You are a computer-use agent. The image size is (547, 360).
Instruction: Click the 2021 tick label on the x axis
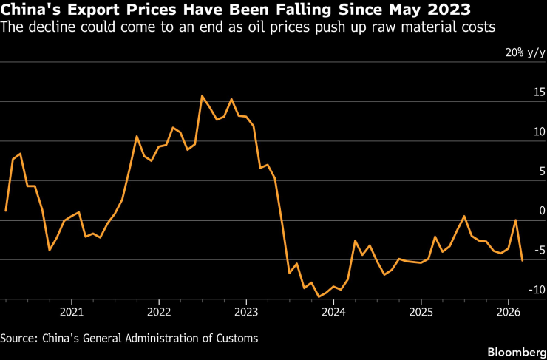[x=71, y=311]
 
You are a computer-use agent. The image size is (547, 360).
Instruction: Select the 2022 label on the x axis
[x=159, y=311]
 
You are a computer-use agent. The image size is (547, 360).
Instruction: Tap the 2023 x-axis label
[x=246, y=311]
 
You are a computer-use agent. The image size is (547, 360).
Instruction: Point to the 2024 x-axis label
[x=333, y=311]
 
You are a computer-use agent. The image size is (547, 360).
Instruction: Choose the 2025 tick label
[x=421, y=311]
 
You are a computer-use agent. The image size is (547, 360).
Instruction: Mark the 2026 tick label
[x=509, y=311]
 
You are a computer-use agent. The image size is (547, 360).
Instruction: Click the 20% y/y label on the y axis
[x=525, y=53]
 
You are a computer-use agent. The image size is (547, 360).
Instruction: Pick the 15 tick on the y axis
[x=537, y=92]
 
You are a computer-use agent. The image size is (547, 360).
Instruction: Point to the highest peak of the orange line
[x=202, y=96]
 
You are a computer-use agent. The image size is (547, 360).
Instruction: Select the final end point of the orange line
[x=523, y=260]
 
